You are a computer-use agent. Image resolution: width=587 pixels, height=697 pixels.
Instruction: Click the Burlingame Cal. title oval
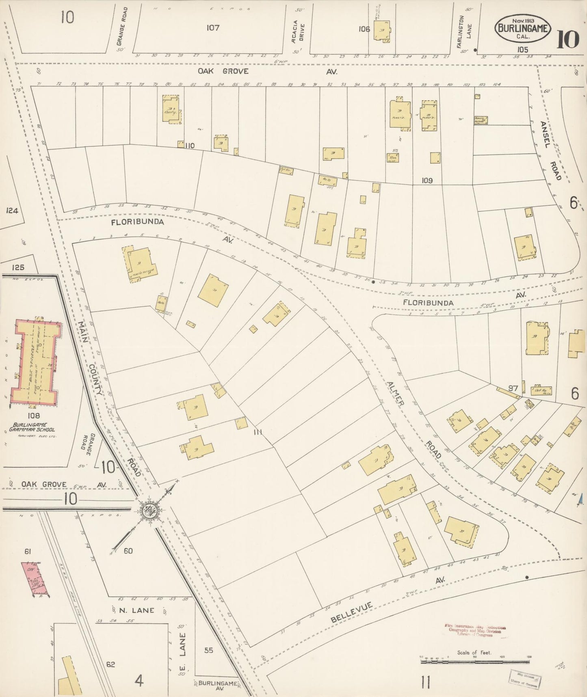coord(523,28)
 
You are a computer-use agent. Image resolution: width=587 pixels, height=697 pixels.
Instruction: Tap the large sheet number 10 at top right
coord(568,39)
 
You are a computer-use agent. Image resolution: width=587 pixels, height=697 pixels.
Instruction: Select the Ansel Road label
coord(550,150)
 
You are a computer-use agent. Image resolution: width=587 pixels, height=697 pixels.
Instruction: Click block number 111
coord(258,432)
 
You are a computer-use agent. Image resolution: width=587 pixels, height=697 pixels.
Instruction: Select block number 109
coord(427,180)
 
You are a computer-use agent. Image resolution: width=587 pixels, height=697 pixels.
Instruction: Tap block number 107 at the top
coord(213,28)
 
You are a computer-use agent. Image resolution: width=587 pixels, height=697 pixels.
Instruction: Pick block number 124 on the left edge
coord(12,211)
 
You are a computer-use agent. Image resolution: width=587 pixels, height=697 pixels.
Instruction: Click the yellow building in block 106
coord(381,30)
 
